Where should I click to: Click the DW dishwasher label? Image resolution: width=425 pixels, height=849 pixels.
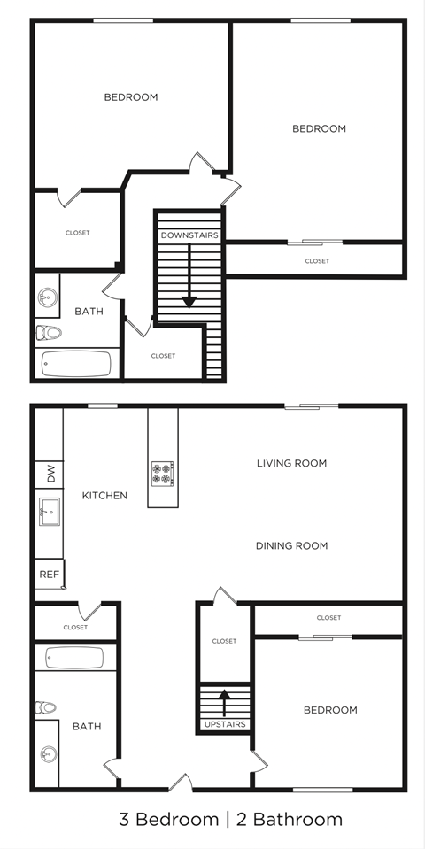coord(50,476)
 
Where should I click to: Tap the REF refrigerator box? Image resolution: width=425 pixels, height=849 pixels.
coord(49,575)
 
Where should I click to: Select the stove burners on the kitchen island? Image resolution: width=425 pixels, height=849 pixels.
coord(163,473)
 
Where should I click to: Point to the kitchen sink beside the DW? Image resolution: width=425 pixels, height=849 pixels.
coord(49,512)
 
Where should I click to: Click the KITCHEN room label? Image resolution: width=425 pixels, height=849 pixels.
coord(104,496)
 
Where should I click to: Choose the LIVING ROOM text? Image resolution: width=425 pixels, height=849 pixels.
coord(291,463)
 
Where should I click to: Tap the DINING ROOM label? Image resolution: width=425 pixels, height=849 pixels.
coord(291,545)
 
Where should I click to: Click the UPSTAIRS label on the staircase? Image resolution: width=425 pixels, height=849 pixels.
coord(225,724)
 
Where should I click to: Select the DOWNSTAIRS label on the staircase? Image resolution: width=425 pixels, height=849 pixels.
coord(189,235)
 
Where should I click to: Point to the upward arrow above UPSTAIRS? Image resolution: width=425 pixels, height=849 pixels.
coord(224,700)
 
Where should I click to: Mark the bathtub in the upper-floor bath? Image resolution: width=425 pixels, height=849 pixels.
coord(77,363)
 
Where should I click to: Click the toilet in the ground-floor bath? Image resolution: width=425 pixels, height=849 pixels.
coord(46,707)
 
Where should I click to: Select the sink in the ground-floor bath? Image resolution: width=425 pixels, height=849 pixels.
coord(48,756)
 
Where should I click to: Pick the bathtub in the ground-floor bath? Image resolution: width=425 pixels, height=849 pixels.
coord(75,658)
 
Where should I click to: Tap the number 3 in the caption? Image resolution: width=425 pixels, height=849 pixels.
coord(124,819)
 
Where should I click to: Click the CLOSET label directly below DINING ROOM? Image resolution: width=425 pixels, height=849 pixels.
coord(328,618)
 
